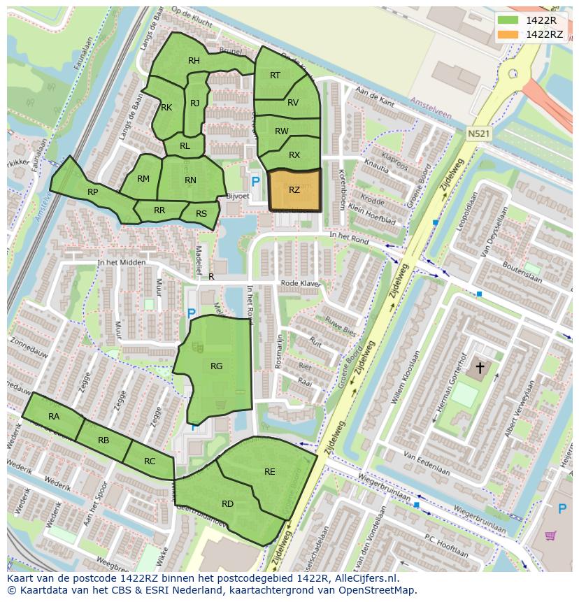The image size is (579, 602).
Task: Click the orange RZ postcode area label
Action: tap(294, 189)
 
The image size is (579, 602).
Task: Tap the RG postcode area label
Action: tap(216, 366)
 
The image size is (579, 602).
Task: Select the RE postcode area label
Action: tap(270, 472)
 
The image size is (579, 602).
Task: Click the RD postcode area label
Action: tap(227, 504)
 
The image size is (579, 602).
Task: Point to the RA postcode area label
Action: tap(54, 417)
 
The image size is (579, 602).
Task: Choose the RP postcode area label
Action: tap(92, 192)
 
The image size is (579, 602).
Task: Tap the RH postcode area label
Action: tap(194, 61)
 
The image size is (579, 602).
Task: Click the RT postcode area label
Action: tap(275, 76)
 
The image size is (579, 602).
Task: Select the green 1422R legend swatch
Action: tap(508, 20)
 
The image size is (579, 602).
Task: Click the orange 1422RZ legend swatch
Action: tap(508, 34)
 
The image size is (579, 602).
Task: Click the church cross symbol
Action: tap(480, 366)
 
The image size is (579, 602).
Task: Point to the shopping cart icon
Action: tap(551, 536)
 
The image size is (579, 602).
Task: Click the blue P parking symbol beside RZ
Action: tap(255, 182)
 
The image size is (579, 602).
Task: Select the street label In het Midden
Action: tap(122, 263)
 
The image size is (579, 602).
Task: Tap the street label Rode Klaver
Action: tap(300, 283)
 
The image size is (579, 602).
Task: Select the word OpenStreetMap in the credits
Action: tap(378, 591)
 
